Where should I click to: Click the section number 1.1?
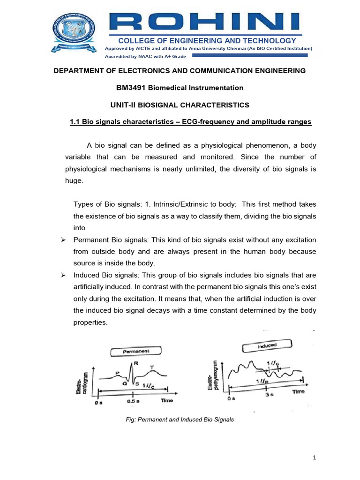point(75,122)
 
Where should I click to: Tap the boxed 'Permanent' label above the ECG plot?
point(136,351)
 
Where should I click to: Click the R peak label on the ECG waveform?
point(135,363)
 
